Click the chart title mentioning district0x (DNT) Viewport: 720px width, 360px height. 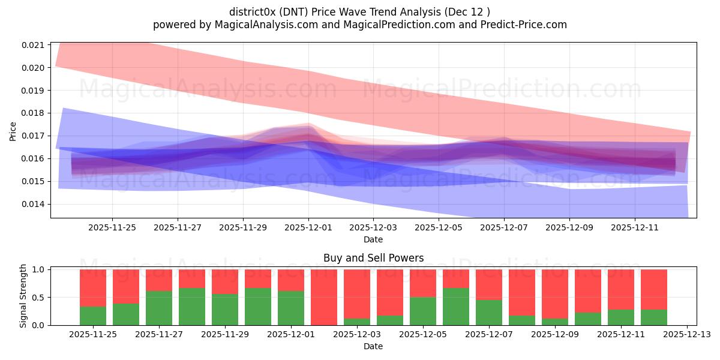pos(360,12)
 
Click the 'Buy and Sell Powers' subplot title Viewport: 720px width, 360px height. pos(373,258)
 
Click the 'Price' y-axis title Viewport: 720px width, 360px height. pos(13,130)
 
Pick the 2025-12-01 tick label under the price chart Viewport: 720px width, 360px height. pos(308,227)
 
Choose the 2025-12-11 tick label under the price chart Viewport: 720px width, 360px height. pos(635,227)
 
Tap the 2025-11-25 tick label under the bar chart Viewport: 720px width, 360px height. pos(93,334)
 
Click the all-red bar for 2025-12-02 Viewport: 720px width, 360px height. pos(324,297)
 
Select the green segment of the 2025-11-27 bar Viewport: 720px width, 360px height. pos(159,308)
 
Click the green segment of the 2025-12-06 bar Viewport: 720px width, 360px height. pos(456,307)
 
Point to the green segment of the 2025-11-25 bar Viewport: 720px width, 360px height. pos(93,316)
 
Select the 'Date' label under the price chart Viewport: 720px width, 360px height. pos(373,239)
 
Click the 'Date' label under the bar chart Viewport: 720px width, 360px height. pos(373,346)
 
